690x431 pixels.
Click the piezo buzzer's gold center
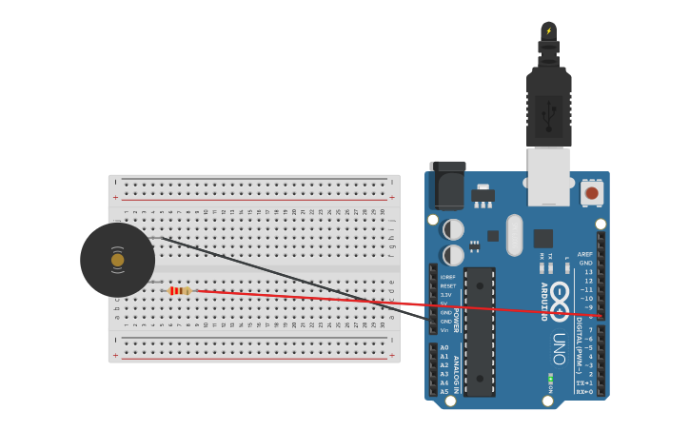(x=117, y=260)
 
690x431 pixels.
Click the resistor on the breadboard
(x=179, y=290)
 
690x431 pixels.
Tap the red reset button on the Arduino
(x=592, y=193)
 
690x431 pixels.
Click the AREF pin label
(x=585, y=254)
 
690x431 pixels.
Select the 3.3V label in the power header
(x=446, y=295)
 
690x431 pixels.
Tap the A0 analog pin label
(x=444, y=348)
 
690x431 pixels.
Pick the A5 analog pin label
(x=444, y=391)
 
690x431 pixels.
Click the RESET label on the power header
(x=447, y=285)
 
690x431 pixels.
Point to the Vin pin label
(x=444, y=330)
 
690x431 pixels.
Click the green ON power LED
(x=550, y=380)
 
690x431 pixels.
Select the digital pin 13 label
(x=588, y=272)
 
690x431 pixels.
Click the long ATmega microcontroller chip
(x=479, y=331)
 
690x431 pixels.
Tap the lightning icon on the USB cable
(x=548, y=31)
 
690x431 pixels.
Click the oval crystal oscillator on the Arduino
(x=515, y=234)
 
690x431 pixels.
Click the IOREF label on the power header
(x=447, y=277)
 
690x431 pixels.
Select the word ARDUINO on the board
(x=543, y=302)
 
